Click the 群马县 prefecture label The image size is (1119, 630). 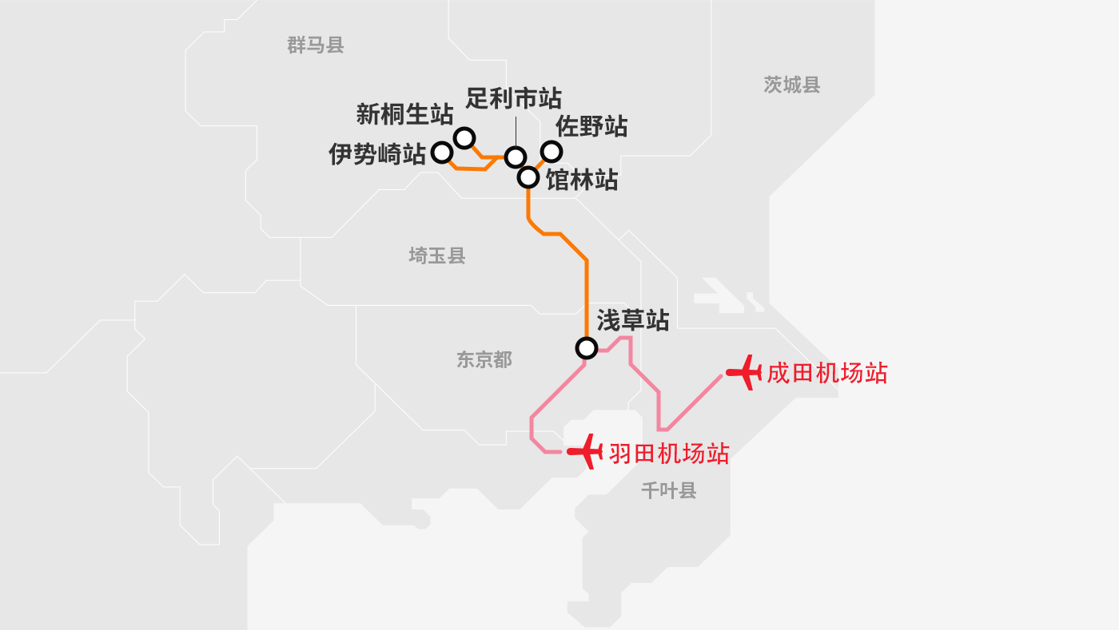(315, 46)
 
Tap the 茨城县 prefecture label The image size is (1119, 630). (792, 85)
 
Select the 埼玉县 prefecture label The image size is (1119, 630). (437, 256)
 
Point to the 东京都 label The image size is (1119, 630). (484, 360)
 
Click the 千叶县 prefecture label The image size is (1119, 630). (669, 491)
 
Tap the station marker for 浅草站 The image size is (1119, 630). (587, 348)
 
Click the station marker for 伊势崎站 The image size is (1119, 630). (441, 153)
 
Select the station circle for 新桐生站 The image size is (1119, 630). (464, 138)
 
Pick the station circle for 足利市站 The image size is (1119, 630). (516, 157)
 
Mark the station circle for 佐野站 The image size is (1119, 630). (552, 151)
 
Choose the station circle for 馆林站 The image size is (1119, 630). (528, 177)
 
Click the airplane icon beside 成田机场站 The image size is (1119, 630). (744, 372)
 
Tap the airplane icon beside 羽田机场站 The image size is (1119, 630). (585, 451)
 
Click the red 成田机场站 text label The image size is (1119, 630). (827, 374)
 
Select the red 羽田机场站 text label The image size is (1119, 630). (670, 454)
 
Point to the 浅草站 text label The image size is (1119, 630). (633, 320)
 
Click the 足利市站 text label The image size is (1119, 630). (513, 98)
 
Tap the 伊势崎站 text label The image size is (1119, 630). (377, 154)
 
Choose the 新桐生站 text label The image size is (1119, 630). (404, 114)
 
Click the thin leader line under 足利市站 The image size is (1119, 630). (516, 132)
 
